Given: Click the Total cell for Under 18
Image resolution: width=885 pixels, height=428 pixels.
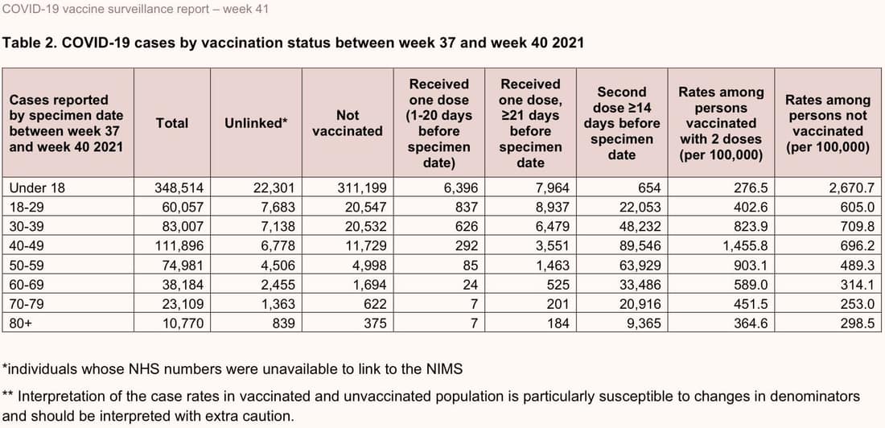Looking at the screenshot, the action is pos(172,187).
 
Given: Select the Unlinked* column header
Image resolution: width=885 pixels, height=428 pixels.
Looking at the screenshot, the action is pos(256,123).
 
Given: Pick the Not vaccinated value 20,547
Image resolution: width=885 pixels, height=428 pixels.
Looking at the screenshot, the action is pos(366,208).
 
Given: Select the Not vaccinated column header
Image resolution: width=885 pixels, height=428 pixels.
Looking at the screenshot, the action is pos(348,123).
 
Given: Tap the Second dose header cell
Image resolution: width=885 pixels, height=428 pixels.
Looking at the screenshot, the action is pos(622,123).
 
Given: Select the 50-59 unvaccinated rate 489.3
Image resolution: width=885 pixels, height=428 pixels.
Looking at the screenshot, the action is pos(857,265).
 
